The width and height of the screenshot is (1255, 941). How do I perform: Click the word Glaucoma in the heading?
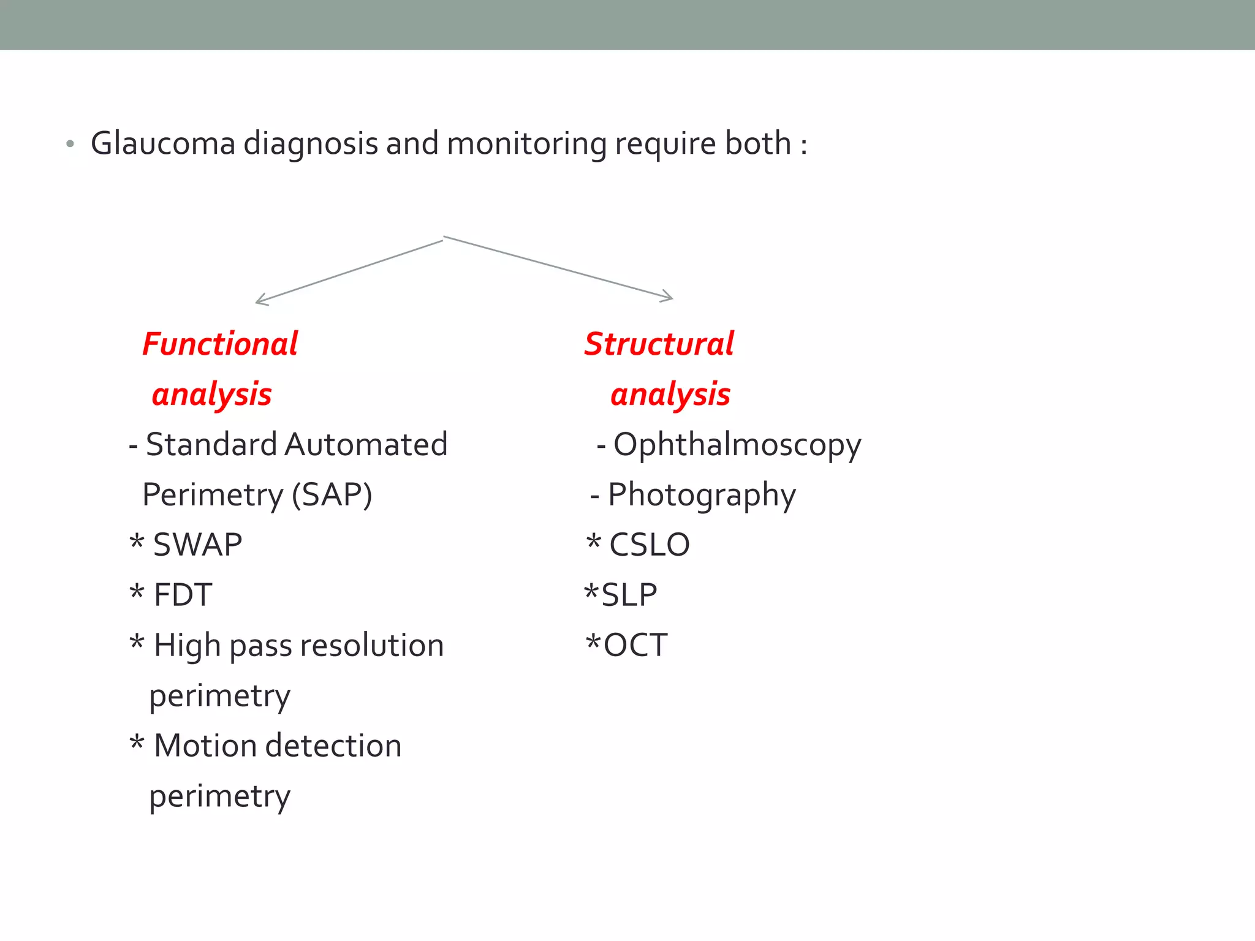(163, 144)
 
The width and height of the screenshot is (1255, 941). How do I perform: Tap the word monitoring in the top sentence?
(526, 144)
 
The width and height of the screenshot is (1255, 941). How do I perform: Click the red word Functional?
(220, 344)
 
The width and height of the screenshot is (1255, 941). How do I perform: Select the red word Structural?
(659, 344)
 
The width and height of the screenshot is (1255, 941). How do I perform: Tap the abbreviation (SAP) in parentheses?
(332, 494)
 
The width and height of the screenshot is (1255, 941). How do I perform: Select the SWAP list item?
(197, 545)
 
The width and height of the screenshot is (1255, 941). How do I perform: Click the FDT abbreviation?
(183, 595)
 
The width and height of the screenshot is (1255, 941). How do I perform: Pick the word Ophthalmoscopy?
(737, 445)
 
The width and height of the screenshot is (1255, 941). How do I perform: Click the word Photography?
(702, 495)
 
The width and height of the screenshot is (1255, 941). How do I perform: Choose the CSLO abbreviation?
(650, 545)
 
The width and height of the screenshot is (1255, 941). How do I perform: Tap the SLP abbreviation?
(629, 595)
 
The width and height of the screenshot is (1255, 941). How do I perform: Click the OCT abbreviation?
(635, 645)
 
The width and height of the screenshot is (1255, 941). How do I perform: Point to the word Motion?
(205, 746)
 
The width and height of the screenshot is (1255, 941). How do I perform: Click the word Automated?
(366, 444)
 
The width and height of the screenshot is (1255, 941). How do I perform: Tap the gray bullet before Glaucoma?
(70, 145)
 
